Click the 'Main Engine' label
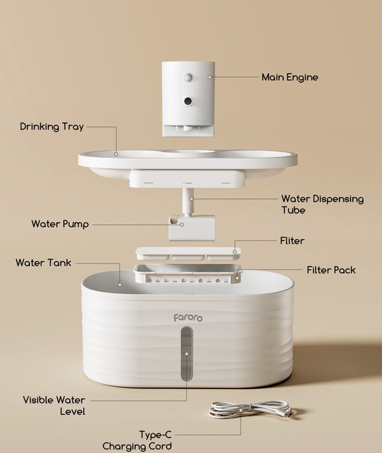point(290,77)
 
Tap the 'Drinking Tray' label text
point(51,126)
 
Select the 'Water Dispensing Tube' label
point(322,204)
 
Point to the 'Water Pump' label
point(60,224)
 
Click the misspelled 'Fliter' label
point(292,240)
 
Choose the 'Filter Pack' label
point(331,270)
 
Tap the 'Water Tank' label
point(43,263)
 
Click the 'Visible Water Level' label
point(54,406)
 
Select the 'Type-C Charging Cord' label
point(137,440)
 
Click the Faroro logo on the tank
point(188,318)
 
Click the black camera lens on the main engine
point(188,101)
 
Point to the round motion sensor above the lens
point(188,77)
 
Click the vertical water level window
point(187,354)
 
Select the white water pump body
point(192,228)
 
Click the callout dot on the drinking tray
point(116,154)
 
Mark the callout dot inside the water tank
point(120,285)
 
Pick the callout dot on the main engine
point(210,77)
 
